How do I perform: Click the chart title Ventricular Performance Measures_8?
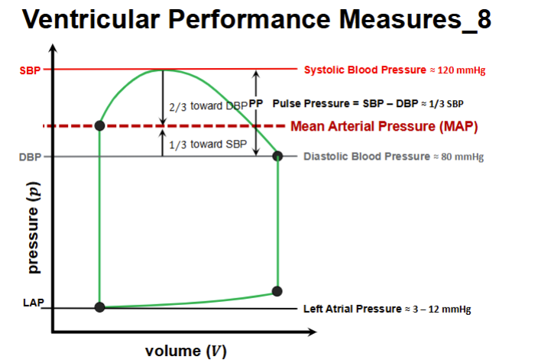click(x=257, y=21)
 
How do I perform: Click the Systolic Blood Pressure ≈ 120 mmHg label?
click(x=394, y=70)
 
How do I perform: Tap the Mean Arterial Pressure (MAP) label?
click(x=384, y=127)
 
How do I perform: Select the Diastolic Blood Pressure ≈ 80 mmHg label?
click(x=393, y=157)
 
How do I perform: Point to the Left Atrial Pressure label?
click(x=387, y=309)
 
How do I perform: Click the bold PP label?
click(x=255, y=103)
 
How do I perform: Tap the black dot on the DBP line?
click(x=278, y=156)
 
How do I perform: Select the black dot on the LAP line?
click(x=99, y=306)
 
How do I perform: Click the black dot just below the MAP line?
click(x=99, y=125)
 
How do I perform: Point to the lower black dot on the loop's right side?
click(x=277, y=291)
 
